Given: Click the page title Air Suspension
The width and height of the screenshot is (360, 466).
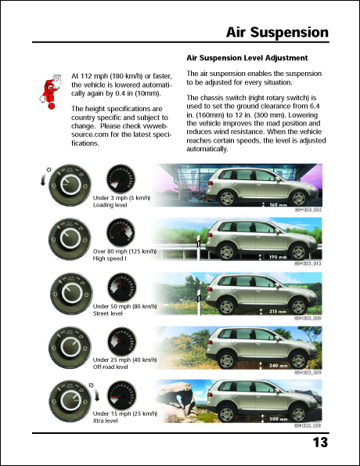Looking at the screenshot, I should pyautogui.click(x=276, y=32).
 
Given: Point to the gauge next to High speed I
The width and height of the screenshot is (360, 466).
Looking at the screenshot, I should pyautogui.click(x=121, y=236).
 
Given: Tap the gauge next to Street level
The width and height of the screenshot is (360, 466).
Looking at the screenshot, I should pyautogui.click(x=121, y=290).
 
